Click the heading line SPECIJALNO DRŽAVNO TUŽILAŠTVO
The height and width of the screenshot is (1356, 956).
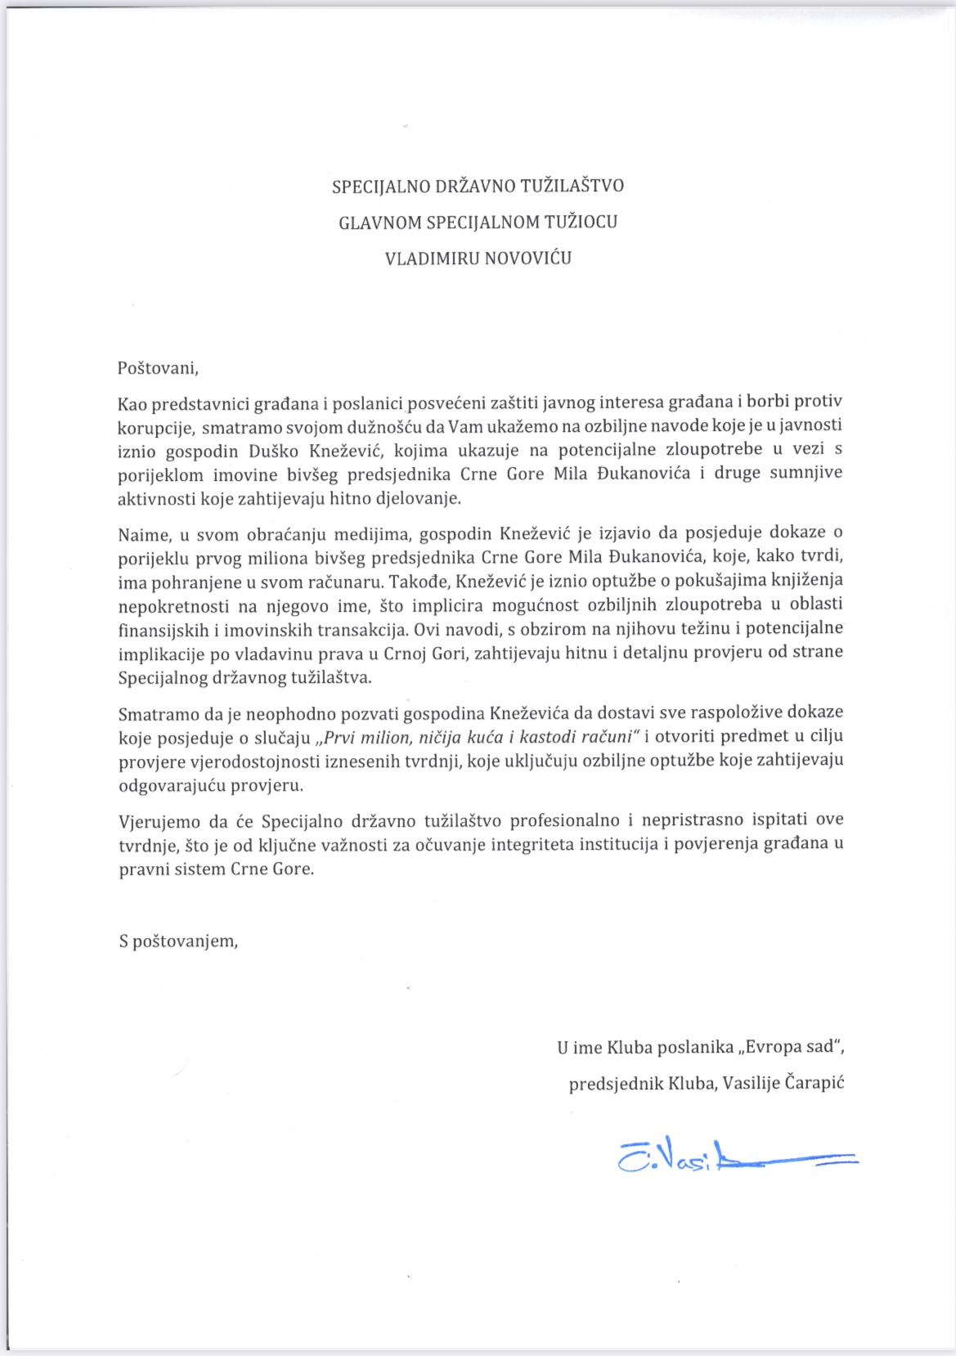(x=478, y=186)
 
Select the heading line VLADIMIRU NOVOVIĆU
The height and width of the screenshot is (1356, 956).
(x=478, y=258)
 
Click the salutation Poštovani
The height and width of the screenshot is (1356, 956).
(x=158, y=368)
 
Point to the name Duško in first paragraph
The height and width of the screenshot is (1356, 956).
(x=274, y=451)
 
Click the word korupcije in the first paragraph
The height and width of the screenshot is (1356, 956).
(x=155, y=428)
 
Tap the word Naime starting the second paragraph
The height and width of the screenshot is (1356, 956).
(x=144, y=536)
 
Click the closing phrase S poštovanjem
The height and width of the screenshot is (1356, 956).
(x=178, y=941)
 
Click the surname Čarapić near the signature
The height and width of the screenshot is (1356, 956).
(x=814, y=1084)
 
